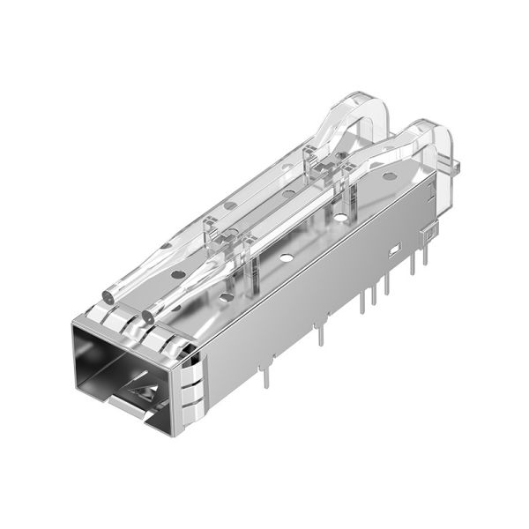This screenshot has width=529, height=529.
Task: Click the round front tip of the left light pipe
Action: [108, 293]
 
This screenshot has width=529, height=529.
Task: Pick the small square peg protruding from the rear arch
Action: [460, 164]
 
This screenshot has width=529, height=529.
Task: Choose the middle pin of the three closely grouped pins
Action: [374, 293]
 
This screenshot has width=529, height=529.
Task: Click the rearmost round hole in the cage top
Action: [389, 176]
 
